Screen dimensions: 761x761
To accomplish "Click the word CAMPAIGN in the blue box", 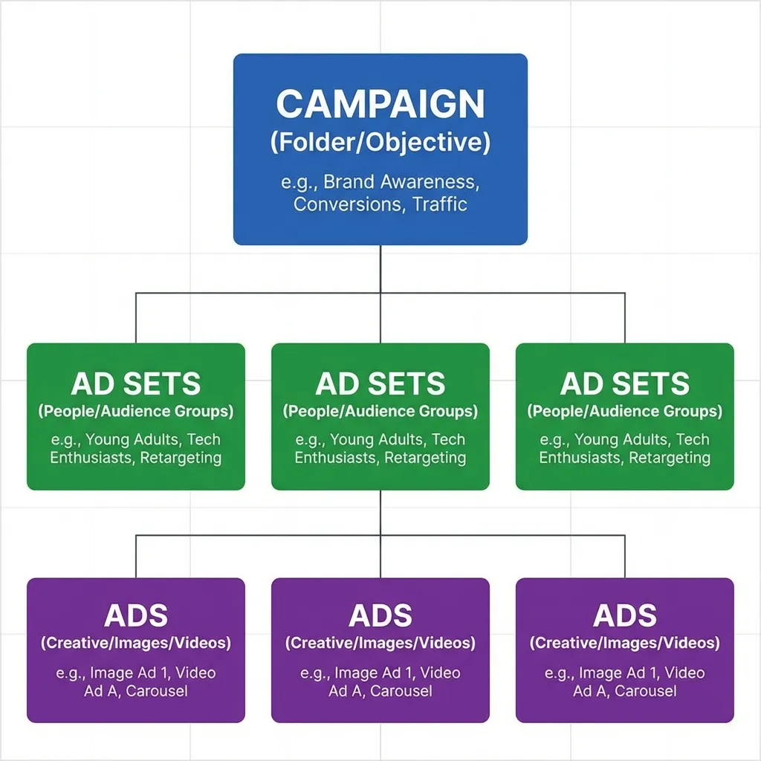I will (380, 105).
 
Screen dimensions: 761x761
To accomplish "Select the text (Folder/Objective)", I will (380, 143).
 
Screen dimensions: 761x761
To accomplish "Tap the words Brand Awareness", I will (404, 182).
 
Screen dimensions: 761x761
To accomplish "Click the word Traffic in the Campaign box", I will (440, 204).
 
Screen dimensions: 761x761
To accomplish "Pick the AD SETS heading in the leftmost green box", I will (136, 384).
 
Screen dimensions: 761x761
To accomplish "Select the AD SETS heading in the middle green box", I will (380, 384).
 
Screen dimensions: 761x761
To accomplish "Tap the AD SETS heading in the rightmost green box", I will (625, 384).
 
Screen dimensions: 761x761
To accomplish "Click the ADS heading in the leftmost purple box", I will (136, 616).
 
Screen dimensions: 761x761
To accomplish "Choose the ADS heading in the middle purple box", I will (380, 616).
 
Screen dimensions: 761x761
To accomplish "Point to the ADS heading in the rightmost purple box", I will (625, 616).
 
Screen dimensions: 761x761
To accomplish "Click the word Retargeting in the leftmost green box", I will (181, 458).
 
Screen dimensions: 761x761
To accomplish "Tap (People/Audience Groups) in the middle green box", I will (380, 411).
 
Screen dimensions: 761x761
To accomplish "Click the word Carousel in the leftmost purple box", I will (157, 691).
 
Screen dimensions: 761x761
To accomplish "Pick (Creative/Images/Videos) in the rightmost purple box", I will (625, 643).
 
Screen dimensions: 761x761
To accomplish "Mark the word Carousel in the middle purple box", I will (401, 691).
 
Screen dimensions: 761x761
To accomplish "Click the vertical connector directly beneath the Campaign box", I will (380, 268).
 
